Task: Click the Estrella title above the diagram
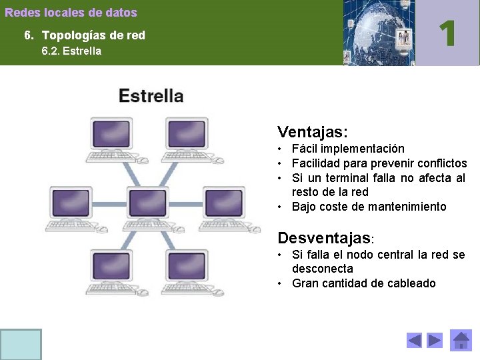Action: click(x=151, y=95)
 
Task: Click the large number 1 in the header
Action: click(x=447, y=33)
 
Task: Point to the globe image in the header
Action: click(x=378, y=33)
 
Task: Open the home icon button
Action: click(x=461, y=340)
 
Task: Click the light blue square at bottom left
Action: click(x=21, y=344)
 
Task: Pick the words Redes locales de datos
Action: click(x=71, y=13)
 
